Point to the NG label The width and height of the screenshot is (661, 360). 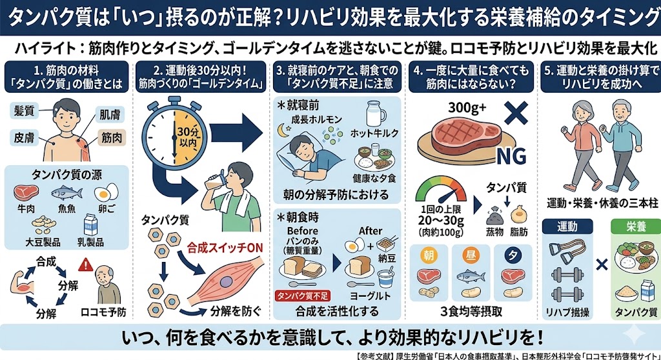(508, 155)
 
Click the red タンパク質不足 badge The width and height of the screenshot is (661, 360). (301, 296)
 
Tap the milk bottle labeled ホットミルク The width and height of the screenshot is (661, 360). (374, 114)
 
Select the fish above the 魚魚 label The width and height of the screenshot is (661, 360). (66, 193)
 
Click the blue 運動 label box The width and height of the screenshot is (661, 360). (560, 226)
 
